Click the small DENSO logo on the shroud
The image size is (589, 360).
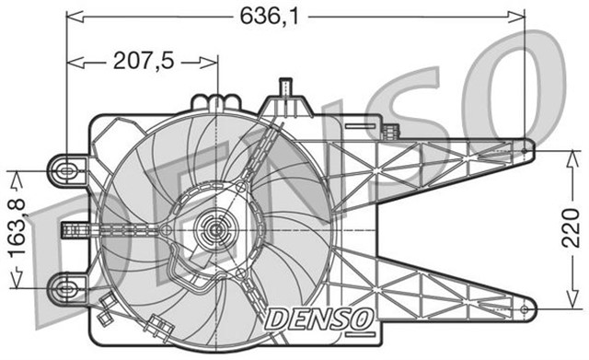coord(319,319)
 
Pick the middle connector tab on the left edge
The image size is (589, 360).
coord(69,228)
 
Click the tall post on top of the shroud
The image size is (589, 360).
coord(286,90)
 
